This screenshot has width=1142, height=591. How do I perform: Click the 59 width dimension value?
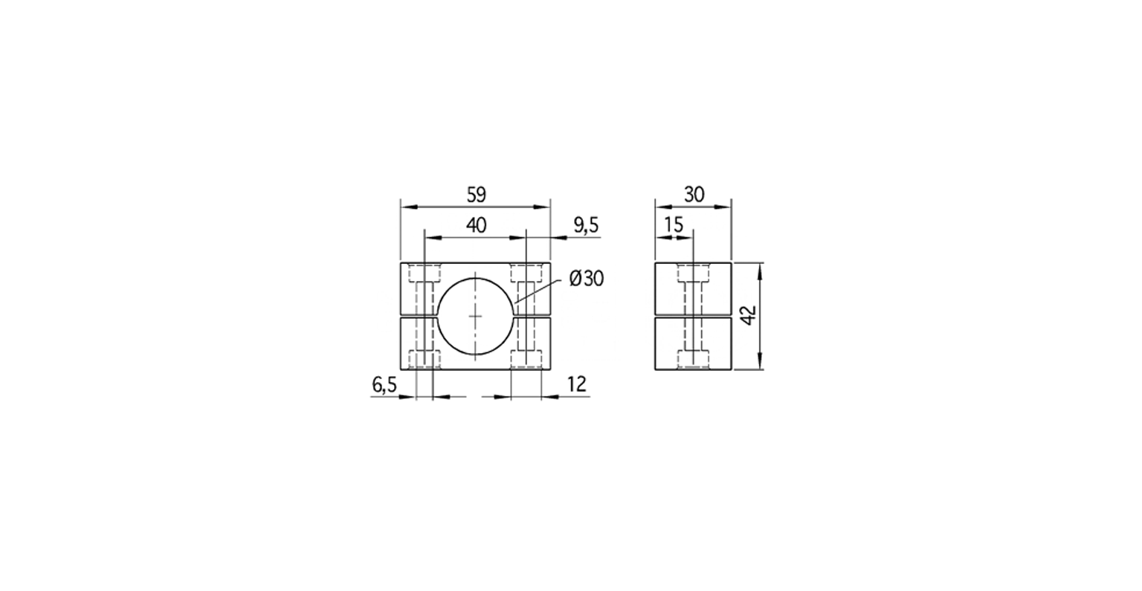(x=476, y=195)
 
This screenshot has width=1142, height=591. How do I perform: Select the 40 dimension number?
(x=476, y=225)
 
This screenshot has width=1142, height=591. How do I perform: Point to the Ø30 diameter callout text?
(x=586, y=279)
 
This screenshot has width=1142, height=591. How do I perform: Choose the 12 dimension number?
(x=577, y=384)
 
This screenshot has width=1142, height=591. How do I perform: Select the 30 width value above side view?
(x=693, y=195)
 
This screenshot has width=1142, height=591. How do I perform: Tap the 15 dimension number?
(x=674, y=225)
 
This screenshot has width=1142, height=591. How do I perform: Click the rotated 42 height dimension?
(x=749, y=316)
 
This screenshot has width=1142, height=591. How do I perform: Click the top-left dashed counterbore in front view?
(x=423, y=273)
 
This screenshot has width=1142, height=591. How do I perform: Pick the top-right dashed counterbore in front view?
(x=526, y=273)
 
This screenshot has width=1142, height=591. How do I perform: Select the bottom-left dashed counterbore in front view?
(x=423, y=359)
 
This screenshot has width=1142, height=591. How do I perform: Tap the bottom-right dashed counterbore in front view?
(x=526, y=359)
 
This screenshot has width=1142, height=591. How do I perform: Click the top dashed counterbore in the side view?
(x=693, y=274)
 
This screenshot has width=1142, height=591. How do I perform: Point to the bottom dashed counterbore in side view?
(x=693, y=359)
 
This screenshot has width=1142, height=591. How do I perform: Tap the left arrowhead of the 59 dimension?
(x=406, y=207)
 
